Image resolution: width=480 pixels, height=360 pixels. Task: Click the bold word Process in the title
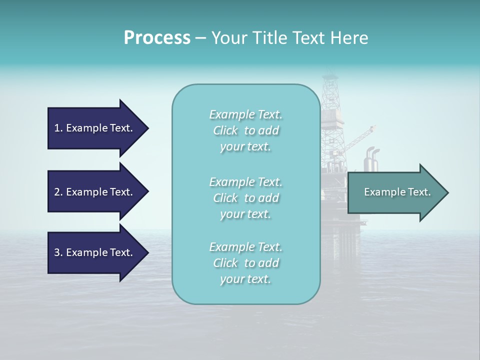click(x=157, y=38)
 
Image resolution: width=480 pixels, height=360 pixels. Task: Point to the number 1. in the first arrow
click(x=58, y=128)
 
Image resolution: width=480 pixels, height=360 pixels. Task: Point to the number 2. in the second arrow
click(x=58, y=192)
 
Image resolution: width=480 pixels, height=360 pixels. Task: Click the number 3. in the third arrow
click(x=58, y=252)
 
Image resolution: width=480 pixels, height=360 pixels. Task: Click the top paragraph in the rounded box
click(x=245, y=130)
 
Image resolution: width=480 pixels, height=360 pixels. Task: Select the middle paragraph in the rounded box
click(x=245, y=197)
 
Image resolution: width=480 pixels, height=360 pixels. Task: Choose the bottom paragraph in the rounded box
click(x=245, y=262)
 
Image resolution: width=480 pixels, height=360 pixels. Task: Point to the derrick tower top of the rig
click(x=330, y=82)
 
